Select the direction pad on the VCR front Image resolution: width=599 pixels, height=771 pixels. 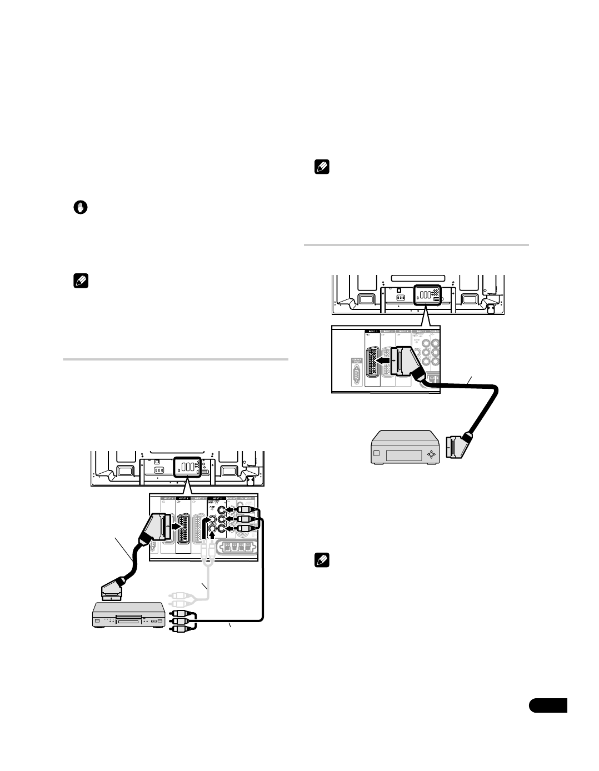pos(431,454)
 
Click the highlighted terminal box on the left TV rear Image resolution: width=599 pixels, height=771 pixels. pos(186,467)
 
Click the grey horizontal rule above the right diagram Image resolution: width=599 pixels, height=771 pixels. pos(417,244)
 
